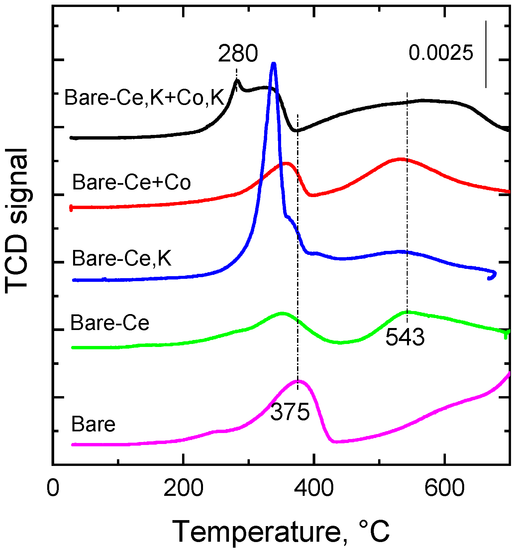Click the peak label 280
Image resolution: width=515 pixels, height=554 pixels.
pyautogui.click(x=238, y=54)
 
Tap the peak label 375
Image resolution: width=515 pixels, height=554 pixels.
pyautogui.click(x=290, y=412)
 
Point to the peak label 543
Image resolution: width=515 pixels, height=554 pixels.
pyautogui.click(x=405, y=338)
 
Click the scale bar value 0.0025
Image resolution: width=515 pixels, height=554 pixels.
pyautogui.click(x=440, y=53)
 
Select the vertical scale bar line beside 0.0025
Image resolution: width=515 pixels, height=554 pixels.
pyautogui.click(x=486, y=54)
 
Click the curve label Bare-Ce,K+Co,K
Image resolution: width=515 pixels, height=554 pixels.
pyautogui.click(x=145, y=97)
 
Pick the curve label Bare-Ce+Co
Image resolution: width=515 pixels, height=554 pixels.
pyautogui.click(x=132, y=182)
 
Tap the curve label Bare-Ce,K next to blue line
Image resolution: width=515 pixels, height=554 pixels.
pyautogui.click(x=122, y=258)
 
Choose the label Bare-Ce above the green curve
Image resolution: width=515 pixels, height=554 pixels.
pyautogui.click(x=110, y=323)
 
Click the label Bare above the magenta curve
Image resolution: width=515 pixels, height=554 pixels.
pyautogui.click(x=93, y=424)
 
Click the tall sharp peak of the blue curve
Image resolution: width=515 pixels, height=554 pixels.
pyautogui.click(x=274, y=64)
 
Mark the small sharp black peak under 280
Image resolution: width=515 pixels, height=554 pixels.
pyautogui.click(x=237, y=80)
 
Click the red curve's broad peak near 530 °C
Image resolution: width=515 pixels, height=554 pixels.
pyautogui.click(x=400, y=159)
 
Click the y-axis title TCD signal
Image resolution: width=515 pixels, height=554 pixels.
pyautogui.click(x=17, y=221)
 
